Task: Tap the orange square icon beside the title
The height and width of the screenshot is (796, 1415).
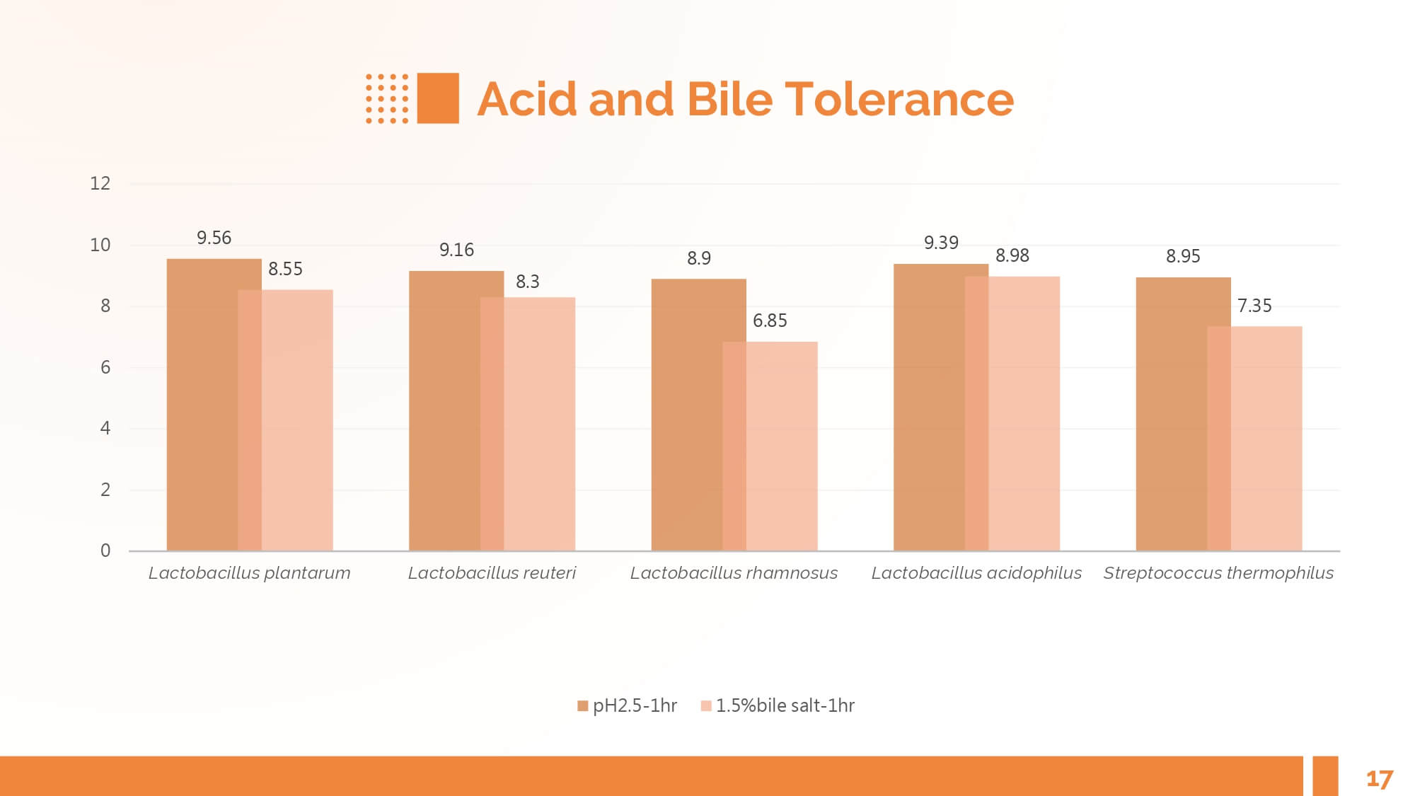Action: (x=438, y=98)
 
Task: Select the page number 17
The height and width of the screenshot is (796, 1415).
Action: (x=1379, y=779)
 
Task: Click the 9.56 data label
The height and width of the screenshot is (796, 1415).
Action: (x=214, y=238)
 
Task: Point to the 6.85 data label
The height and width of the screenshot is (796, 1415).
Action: (x=770, y=321)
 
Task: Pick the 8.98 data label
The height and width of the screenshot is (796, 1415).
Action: (x=1012, y=256)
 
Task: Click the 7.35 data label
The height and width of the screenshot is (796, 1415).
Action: (x=1254, y=306)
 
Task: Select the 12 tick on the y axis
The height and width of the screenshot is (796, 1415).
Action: (x=100, y=184)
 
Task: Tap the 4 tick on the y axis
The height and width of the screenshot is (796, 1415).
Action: (x=105, y=428)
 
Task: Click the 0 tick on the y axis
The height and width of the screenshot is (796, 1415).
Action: (x=105, y=550)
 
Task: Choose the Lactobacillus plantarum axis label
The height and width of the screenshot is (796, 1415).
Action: (x=249, y=573)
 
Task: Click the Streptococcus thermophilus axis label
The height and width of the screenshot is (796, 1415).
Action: (x=1218, y=573)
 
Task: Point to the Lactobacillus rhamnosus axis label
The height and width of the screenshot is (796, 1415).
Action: (x=734, y=573)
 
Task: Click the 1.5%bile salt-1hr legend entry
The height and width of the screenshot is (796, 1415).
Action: (x=778, y=705)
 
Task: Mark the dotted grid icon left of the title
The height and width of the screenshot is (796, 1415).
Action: (x=387, y=98)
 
